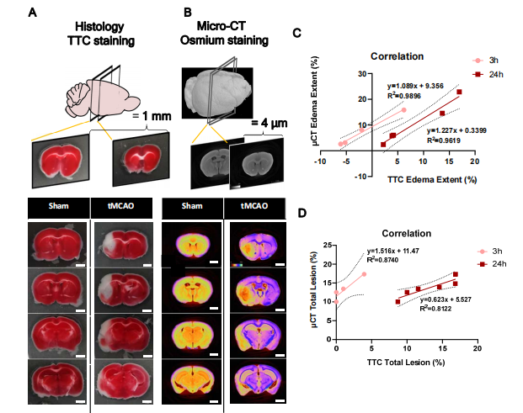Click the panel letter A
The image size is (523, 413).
pos(32,12)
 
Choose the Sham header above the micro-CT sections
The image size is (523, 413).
pos(191,206)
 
